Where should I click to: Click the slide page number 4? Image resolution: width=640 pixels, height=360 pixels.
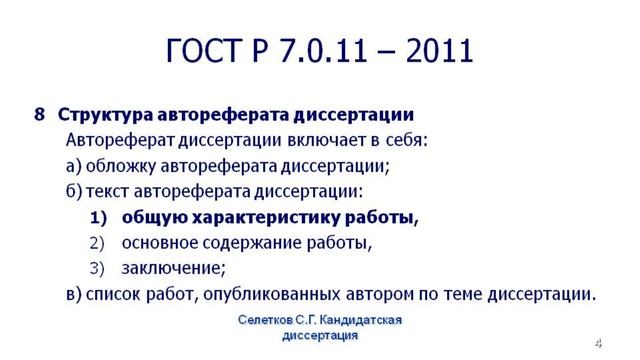(598, 343)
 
